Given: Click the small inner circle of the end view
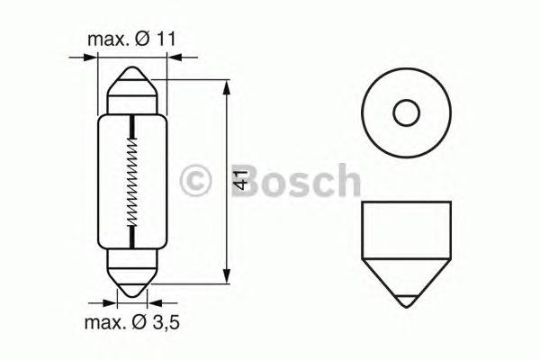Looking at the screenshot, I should (x=406, y=112).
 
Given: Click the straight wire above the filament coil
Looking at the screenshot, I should (x=133, y=126).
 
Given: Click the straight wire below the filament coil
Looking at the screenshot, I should (x=133, y=236).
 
